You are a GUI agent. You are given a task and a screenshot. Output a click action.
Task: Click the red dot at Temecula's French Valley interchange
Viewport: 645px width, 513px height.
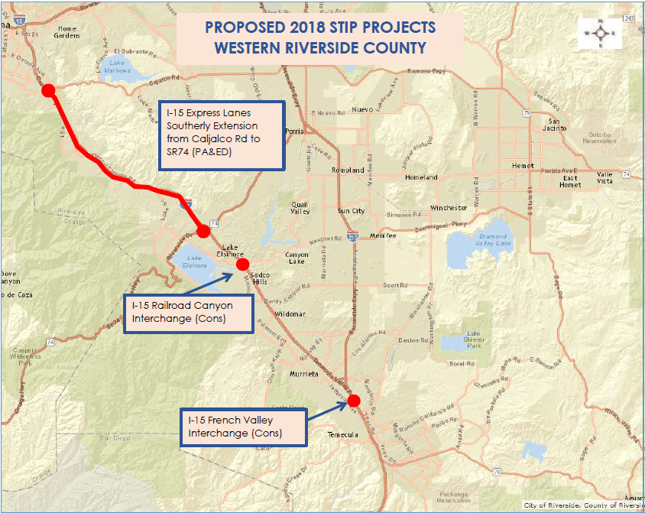click(x=353, y=400)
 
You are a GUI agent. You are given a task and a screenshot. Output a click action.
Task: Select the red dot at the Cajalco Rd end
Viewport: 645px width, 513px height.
click(x=48, y=90)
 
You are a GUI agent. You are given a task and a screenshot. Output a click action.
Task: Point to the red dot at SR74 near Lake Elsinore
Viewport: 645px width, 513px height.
click(x=203, y=231)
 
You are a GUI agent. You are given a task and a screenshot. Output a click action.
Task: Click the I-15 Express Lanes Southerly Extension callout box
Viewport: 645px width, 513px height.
click(x=219, y=134)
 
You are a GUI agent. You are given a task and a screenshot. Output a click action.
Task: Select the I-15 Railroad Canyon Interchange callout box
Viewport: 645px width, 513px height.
click(x=188, y=312)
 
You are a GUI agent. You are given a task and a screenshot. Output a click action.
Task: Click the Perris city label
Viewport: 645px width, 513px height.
click(x=293, y=131)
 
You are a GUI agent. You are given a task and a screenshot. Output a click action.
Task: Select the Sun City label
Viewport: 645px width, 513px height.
click(x=351, y=210)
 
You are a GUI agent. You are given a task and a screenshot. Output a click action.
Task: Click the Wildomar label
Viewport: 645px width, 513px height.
click(x=290, y=314)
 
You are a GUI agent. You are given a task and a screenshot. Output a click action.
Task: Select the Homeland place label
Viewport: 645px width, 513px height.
click(x=421, y=177)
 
